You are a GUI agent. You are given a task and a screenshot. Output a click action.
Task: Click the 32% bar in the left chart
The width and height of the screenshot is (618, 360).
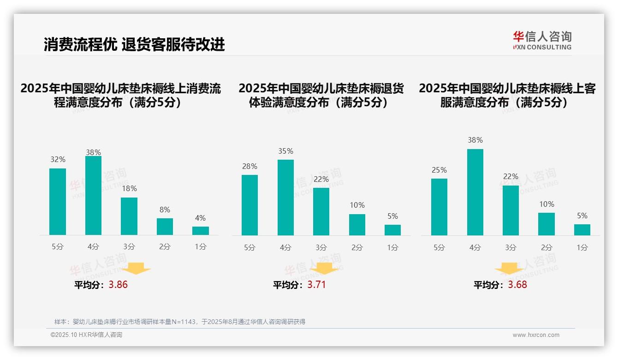(58, 202)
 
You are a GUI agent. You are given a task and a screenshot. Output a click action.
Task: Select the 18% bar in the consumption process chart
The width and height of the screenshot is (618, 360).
(129, 216)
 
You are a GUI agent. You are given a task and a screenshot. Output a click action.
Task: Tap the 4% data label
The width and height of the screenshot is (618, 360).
(200, 218)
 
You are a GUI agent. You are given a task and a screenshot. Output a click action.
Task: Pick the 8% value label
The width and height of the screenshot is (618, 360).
(165, 210)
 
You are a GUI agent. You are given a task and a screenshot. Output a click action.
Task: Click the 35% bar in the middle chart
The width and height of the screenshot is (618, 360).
(285, 198)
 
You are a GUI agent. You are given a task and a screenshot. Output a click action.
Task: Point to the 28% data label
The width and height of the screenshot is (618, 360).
(250, 167)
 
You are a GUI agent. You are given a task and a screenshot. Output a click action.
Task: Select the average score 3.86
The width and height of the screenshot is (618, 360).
(118, 285)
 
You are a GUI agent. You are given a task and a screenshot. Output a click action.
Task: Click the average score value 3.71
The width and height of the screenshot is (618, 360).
(316, 285)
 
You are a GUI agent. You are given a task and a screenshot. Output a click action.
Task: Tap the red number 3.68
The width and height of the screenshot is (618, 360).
(517, 285)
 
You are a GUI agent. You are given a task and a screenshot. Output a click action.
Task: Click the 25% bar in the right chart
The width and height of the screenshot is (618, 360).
(439, 207)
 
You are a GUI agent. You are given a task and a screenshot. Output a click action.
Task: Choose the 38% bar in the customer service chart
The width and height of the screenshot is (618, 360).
(475, 192)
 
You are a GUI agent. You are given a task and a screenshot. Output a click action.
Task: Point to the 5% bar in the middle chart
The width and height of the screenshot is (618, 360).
(392, 230)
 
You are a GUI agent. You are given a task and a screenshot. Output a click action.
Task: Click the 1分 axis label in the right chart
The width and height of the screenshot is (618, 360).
(582, 248)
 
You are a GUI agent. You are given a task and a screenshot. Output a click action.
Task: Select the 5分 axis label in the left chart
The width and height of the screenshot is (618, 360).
(58, 247)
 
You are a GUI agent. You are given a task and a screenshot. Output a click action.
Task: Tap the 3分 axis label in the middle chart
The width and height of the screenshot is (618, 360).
(321, 248)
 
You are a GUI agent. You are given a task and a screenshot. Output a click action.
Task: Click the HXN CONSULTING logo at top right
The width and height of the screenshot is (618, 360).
(542, 40)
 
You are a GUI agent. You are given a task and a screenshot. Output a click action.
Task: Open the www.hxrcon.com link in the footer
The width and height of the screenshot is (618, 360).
(536, 335)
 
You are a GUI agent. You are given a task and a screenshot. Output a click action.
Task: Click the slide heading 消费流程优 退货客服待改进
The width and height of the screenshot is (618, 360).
(134, 44)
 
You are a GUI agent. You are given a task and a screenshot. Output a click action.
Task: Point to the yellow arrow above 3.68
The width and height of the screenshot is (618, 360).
(509, 270)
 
